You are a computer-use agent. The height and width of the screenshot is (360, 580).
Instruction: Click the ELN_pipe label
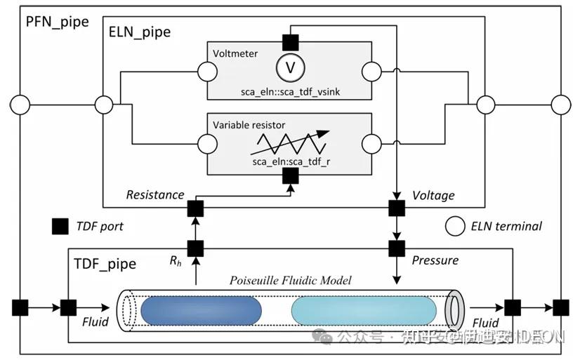(140, 32)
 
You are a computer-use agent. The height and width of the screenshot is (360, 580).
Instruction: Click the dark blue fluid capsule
(201, 309)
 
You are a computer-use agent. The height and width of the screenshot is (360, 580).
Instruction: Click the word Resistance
(154, 195)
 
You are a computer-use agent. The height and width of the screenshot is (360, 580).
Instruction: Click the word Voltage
(433, 195)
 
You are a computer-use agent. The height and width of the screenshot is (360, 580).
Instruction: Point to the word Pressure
(435, 260)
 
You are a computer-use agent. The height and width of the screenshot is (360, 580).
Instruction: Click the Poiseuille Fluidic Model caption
(291, 280)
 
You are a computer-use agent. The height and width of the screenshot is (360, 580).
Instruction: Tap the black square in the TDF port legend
(60, 226)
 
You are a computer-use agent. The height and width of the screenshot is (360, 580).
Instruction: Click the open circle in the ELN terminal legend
(454, 226)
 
